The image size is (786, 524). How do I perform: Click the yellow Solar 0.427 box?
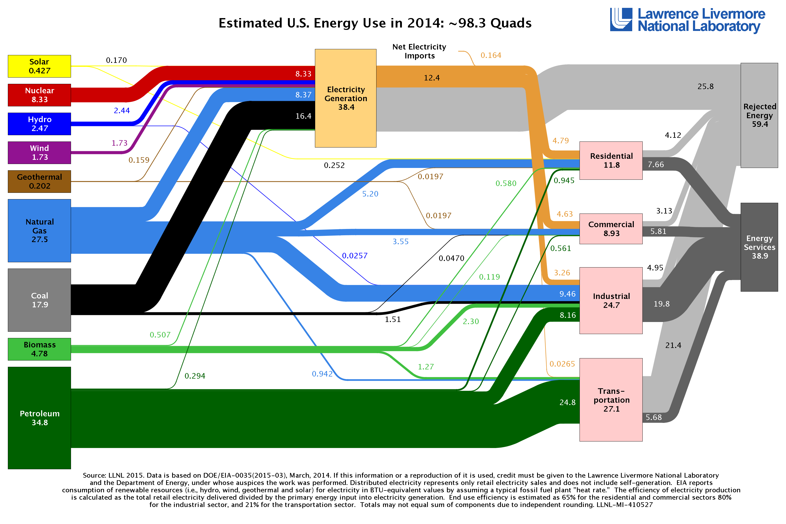pyautogui.click(x=40, y=66)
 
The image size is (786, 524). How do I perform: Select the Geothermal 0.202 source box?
pyautogui.click(x=40, y=182)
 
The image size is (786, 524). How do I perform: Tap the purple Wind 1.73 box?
pyautogui.click(x=40, y=153)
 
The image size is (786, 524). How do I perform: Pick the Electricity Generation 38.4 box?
pyautogui.click(x=346, y=98)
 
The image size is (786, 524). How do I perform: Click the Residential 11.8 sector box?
pyautogui.click(x=611, y=160)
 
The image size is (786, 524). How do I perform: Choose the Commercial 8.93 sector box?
pyautogui.click(x=611, y=229)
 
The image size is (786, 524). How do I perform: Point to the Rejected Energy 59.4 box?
pyautogui.click(x=759, y=115)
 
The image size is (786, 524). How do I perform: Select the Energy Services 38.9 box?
pyautogui.click(x=759, y=247)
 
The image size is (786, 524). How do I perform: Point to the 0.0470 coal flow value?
pyautogui.click(x=451, y=258)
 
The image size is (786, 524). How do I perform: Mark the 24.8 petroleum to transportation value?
pyautogui.click(x=567, y=402)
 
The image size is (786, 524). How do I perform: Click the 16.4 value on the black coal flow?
pyautogui.click(x=303, y=116)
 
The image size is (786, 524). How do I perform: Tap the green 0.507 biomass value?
pyautogui.click(x=160, y=335)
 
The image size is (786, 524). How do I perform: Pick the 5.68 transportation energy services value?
pyautogui.click(x=653, y=417)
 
